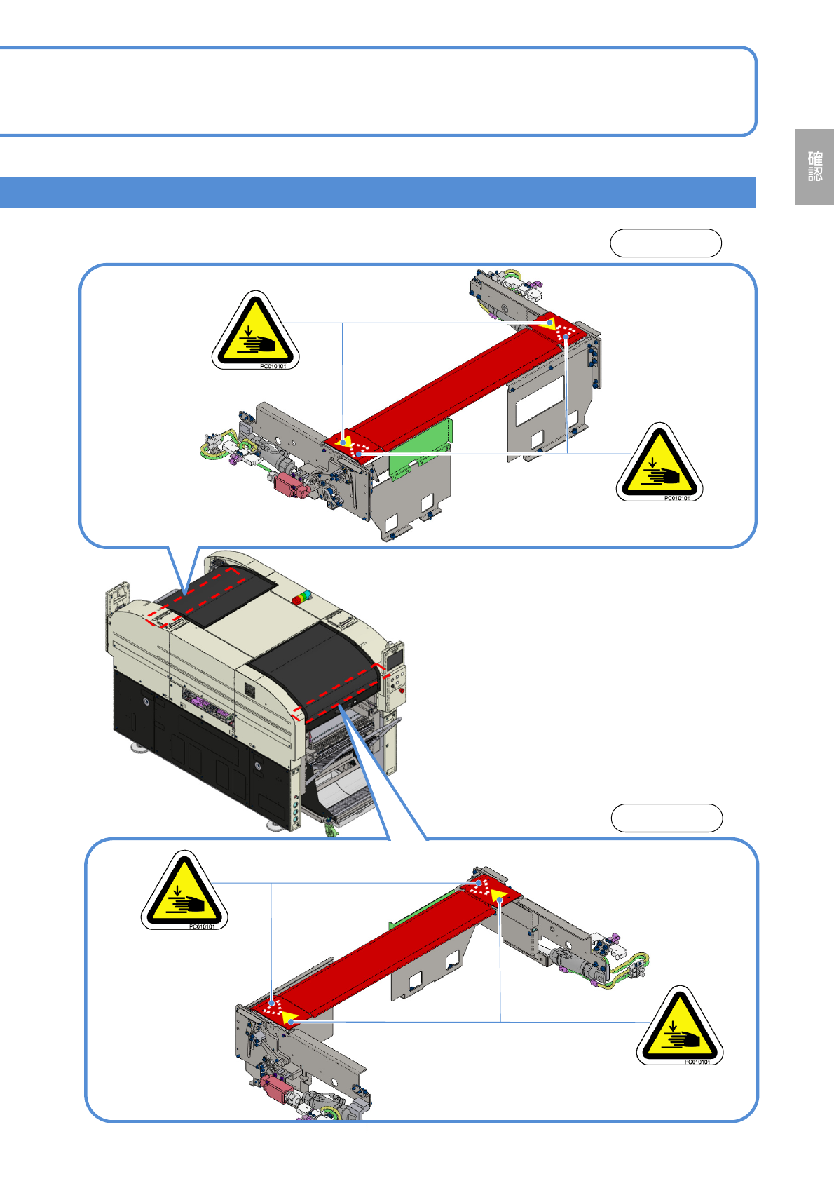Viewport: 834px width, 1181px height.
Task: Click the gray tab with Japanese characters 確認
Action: click(x=814, y=167)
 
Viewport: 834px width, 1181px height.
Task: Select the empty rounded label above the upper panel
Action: click(x=665, y=243)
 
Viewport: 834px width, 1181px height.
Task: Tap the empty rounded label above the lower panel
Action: click(x=666, y=818)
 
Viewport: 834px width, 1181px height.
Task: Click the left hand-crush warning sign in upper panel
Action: click(x=256, y=330)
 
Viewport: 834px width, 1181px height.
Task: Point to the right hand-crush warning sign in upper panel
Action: click(x=659, y=462)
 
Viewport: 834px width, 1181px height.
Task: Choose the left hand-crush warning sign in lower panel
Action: click(x=184, y=891)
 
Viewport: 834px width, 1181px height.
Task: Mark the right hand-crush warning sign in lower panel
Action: click(x=680, y=1025)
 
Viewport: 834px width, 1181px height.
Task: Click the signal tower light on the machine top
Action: click(x=301, y=598)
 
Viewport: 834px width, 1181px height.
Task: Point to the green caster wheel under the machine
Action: click(x=330, y=830)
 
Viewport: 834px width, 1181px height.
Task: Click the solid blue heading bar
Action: click(x=378, y=192)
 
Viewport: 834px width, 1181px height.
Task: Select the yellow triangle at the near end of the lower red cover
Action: click(x=289, y=1018)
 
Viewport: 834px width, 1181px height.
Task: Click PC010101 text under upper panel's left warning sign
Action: click(x=273, y=366)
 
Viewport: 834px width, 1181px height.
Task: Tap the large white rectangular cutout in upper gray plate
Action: click(x=540, y=400)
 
